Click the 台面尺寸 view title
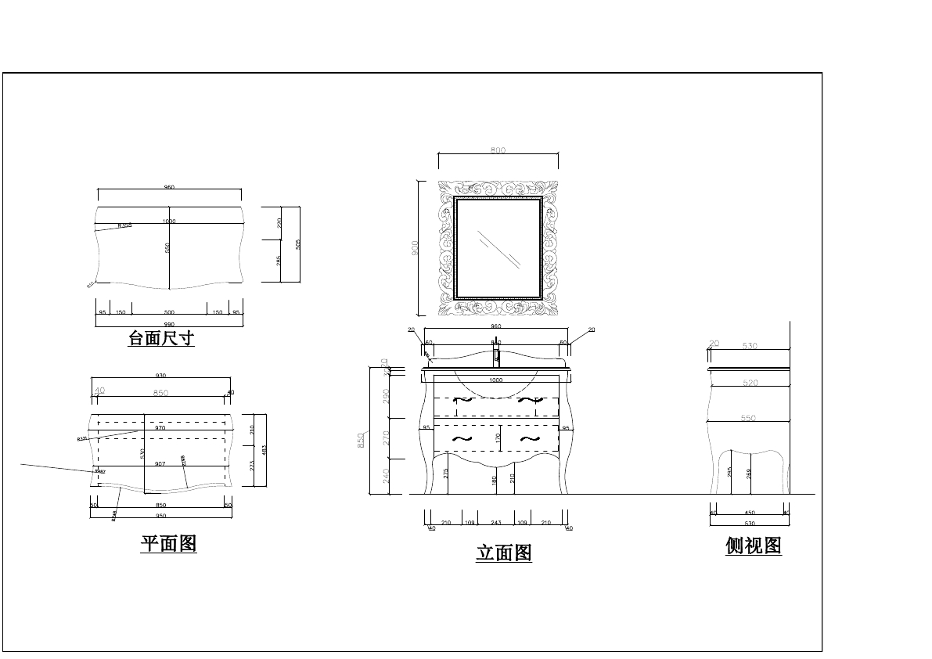pos(161,339)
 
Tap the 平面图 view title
pos(168,543)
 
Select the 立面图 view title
pos(504,553)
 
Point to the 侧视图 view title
pos(754,546)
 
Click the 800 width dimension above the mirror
pos(498,150)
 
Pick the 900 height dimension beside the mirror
pos(416,247)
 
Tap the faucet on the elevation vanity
pos(496,357)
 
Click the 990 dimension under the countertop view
pos(169,324)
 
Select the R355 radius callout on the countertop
pos(124,225)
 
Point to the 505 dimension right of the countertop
pos(298,244)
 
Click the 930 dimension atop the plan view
pos(161,376)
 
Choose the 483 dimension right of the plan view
pos(264,450)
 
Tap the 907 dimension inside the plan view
pos(160,464)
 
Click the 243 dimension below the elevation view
pos(496,522)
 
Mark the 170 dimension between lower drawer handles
pos(498,438)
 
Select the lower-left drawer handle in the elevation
pos(462,438)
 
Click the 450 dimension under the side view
pos(750,513)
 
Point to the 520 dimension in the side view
pos(750,383)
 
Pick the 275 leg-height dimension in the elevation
pos(446,474)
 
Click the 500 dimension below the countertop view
pos(169,312)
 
